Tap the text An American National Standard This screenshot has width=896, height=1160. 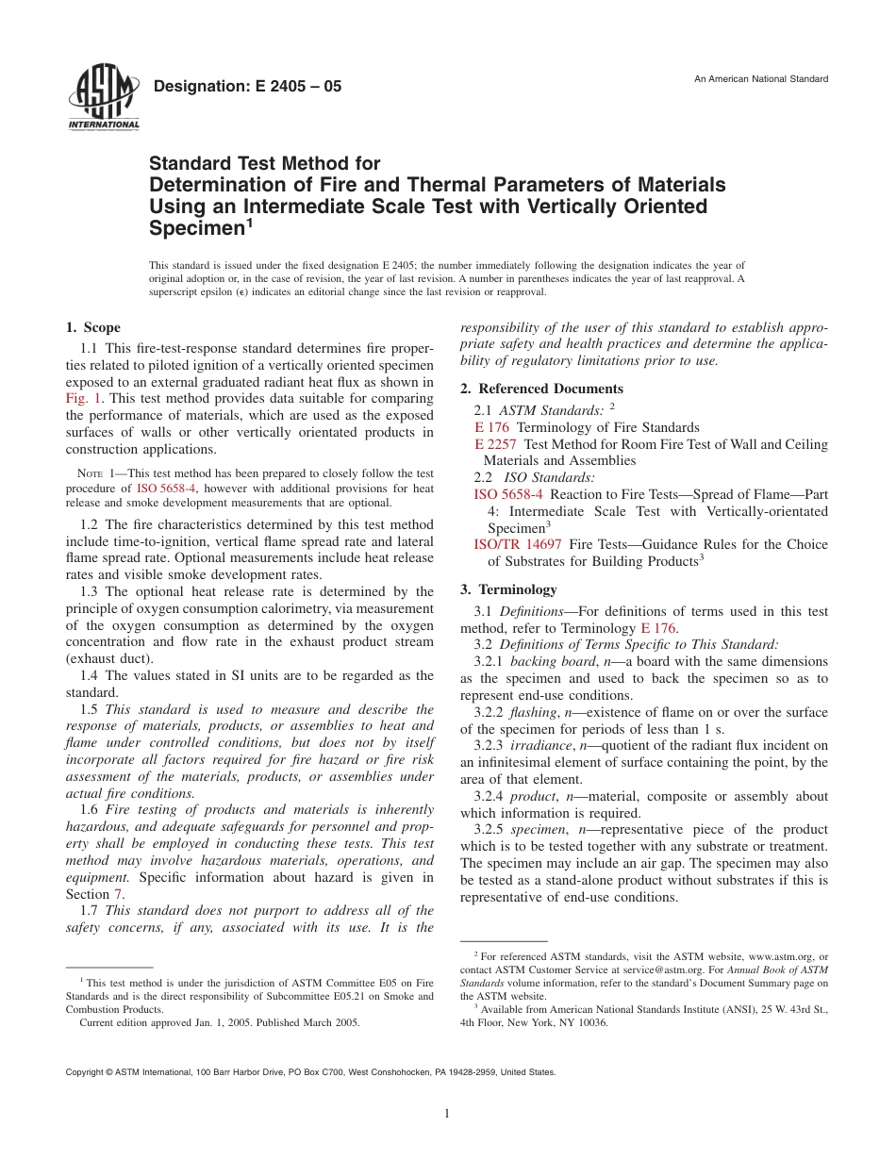761,78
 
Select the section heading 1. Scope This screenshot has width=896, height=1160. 92,328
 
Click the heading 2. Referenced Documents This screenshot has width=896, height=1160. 541,389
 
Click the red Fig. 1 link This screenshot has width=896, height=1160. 82,399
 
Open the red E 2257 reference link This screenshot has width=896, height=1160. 496,444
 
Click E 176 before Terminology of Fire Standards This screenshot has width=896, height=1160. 491,427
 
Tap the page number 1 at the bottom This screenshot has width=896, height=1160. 447,1114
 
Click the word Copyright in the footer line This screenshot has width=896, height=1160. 83,1072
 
